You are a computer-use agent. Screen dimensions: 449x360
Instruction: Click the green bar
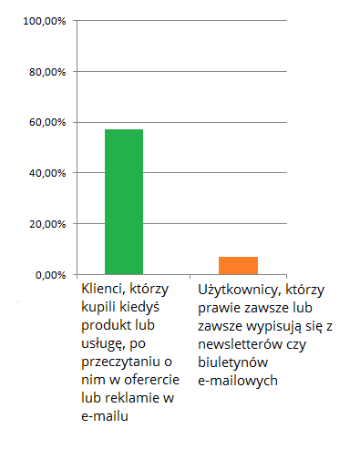(124, 201)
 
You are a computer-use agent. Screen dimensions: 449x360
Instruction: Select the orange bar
(238, 265)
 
